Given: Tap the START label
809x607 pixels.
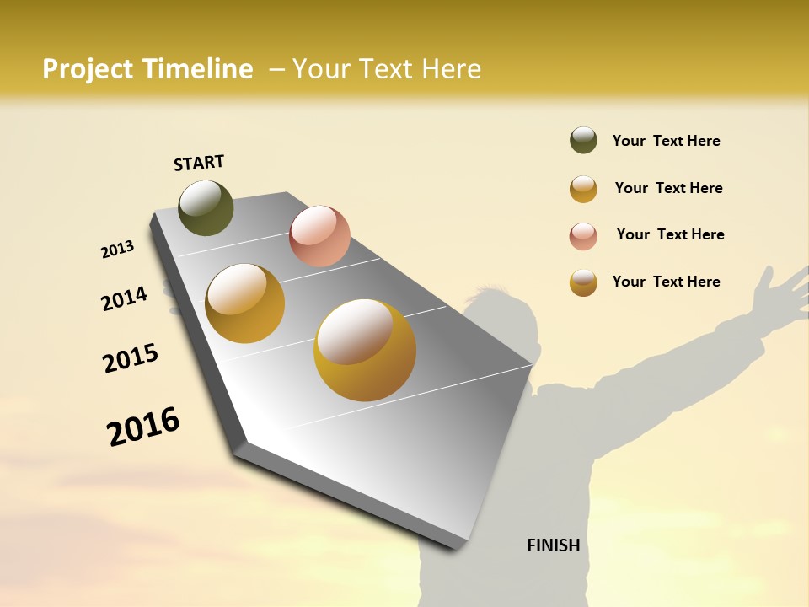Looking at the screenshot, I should point(199,163).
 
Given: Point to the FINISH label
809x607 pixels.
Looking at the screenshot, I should point(553,545).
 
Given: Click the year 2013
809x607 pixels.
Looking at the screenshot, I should point(117,250).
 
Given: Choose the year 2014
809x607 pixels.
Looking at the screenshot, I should point(124,298).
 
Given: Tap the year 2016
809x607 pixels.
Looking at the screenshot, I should point(143,427).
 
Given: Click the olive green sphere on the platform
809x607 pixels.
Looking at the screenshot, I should point(206,207).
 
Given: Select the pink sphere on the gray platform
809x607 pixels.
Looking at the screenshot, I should point(319,235).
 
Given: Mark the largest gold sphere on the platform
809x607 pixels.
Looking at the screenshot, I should point(365,350).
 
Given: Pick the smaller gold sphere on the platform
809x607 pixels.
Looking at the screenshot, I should point(245,303).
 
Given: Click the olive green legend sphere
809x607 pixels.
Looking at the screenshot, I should point(583,140).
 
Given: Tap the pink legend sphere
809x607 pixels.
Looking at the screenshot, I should point(583,236).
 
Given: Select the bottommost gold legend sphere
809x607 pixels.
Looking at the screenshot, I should point(583,282).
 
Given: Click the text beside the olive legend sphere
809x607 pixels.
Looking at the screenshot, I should point(666,142).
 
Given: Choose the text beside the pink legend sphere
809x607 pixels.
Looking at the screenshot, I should point(670,234).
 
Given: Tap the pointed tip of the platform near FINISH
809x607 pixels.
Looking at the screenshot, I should point(459,546).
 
